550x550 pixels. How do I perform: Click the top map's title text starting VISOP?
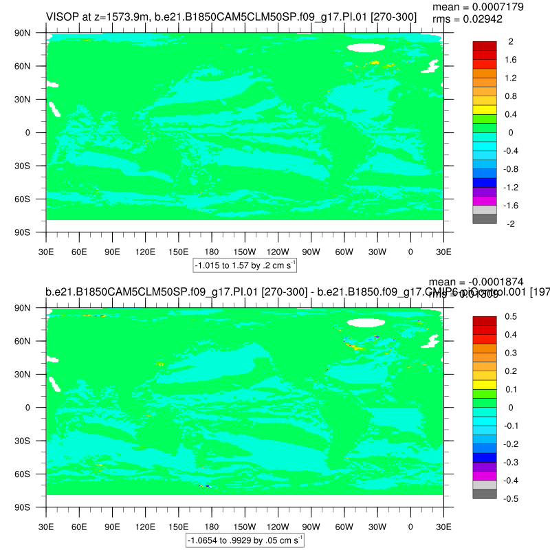(x=231, y=16)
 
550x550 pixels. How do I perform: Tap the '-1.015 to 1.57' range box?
(x=245, y=265)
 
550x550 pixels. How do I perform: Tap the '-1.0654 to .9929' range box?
(x=245, y=541)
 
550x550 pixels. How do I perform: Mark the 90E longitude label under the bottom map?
(x=112, y=518)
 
